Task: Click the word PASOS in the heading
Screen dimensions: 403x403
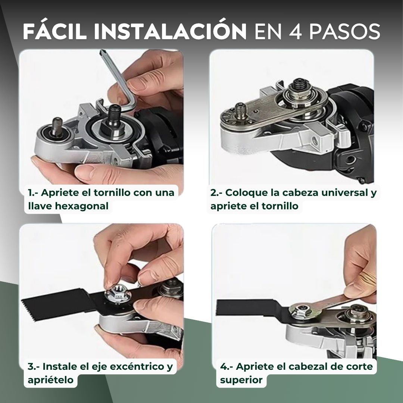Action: point(344,32)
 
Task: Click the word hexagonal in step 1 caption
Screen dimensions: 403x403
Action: point(81,206)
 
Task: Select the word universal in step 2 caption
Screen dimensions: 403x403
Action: point(345,193)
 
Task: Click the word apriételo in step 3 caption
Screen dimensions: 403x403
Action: point(50,380)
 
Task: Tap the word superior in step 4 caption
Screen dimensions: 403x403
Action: point(241,380)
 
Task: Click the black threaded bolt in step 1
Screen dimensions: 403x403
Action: point(114,115)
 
